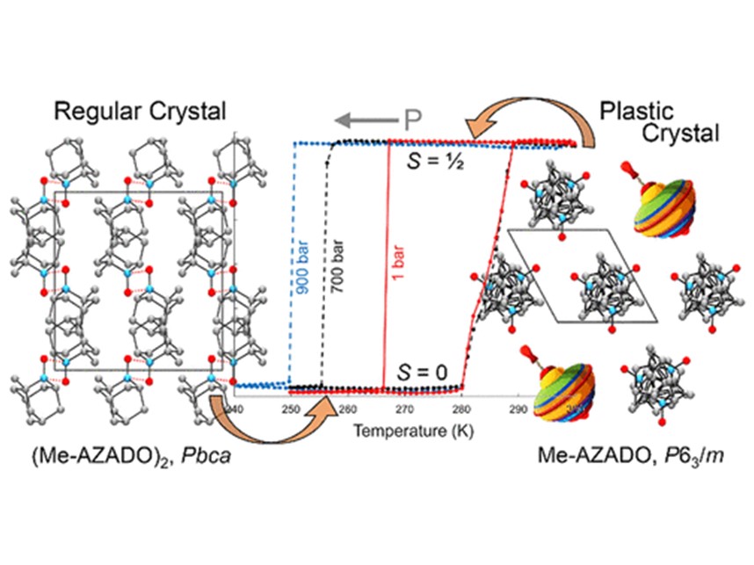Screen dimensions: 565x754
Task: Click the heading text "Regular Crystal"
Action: (x=140, y=112)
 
